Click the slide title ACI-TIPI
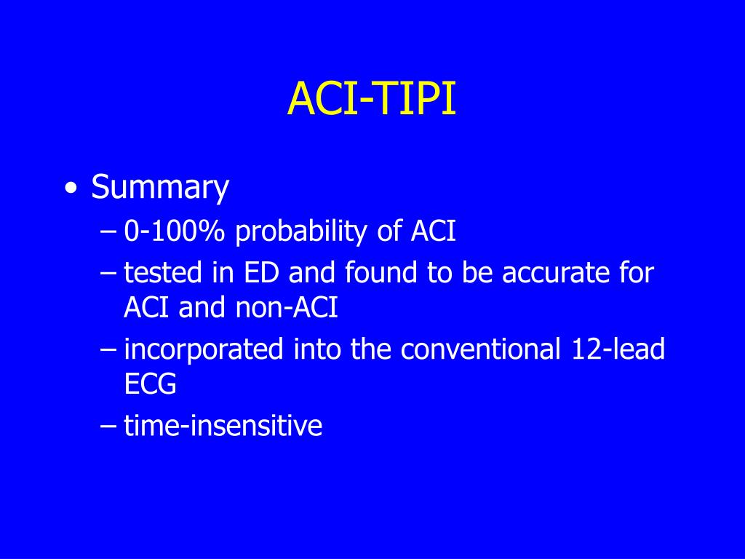pos(372,99)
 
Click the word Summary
pos(160,188)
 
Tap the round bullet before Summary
pos(70,189)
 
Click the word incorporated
pos(203,349)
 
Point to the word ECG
pos(150,385)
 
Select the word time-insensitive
pos(223,426)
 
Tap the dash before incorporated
pos(108,350)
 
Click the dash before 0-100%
pos(108,232)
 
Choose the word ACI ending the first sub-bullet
pos(434,231)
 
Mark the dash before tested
pos(108,274)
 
